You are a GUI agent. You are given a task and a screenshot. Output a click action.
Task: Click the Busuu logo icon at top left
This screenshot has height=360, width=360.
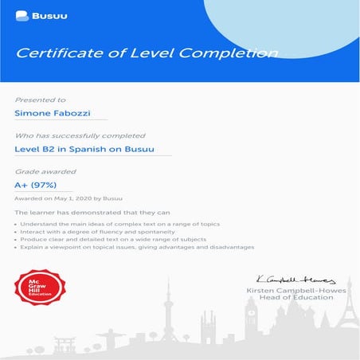[x=20, y=15]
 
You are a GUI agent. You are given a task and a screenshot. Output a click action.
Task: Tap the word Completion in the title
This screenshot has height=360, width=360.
[x=232, y=54]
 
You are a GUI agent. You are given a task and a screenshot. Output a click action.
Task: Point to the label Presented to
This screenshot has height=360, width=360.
[x=40, y=100]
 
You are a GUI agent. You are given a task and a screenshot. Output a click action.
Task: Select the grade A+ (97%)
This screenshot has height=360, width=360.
[x=37, y=185]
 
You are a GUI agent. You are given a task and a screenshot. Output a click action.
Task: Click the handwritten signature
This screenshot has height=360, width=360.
[x=295, y=279]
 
